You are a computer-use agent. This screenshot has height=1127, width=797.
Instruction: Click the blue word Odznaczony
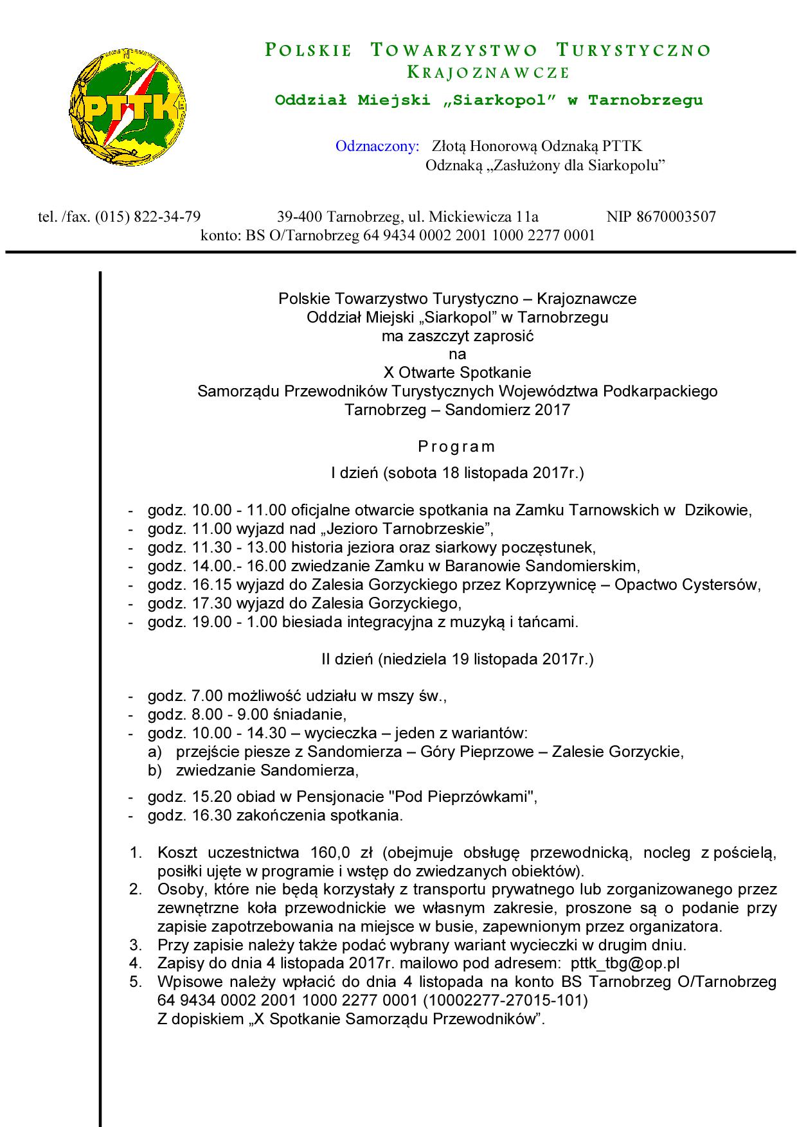[x=377, y=146]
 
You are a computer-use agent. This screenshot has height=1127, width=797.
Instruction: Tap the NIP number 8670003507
[x=676, y=217]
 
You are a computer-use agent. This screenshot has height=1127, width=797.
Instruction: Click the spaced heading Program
[x=457, y=447]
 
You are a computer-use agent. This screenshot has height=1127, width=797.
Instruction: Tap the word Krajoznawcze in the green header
[x=488, y=73]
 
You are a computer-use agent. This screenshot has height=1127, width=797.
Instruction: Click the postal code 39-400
[x=299, y=217]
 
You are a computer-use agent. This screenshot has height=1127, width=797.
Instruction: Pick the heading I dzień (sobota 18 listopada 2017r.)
[x=457, y=474]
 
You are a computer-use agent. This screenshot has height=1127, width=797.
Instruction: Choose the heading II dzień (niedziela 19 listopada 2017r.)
[x=457, y=659]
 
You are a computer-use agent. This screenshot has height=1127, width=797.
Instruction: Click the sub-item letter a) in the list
[x=155, y=752]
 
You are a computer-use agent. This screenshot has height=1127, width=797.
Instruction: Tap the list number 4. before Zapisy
[x=136, y=963]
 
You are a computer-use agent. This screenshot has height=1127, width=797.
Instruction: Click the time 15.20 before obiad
[x=208, y=797]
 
